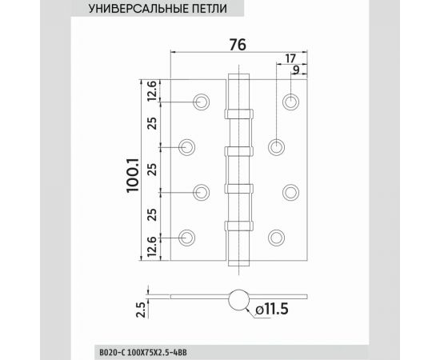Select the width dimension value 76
(x=237, y=45)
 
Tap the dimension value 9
(x=296, y=70)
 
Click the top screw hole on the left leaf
(x=201, y=101)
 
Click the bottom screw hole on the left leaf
(x=187, y=236)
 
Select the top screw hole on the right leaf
(x=290, y=102)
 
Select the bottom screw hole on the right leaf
(x=277, y=236)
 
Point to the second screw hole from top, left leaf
(x=187, y=146)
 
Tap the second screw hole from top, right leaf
(x=277, y=146)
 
